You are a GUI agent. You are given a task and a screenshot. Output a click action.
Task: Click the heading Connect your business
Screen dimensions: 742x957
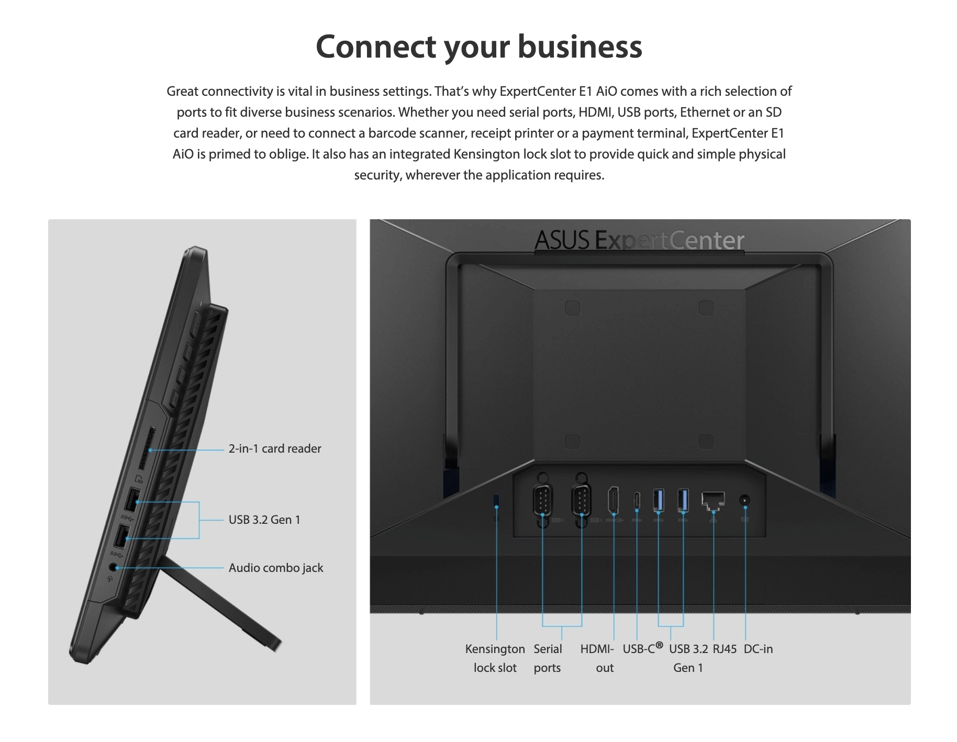(478, 47)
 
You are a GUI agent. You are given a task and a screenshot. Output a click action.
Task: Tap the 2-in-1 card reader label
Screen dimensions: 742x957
(274, 448)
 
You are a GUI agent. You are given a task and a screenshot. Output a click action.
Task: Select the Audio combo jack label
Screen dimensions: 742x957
(275, 568)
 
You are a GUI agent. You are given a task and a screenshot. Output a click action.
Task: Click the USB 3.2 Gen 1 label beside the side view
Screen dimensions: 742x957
(264, 520)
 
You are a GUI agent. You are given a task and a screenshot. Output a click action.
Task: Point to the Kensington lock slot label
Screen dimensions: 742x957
(495, 658)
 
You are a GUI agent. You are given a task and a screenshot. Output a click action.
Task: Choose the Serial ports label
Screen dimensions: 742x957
(547, 658)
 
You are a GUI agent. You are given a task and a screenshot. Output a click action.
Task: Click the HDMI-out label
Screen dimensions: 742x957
(597, 658)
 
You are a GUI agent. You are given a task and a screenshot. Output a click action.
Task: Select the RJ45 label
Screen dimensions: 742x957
(724, 649)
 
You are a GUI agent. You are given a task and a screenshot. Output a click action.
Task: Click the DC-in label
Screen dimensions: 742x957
(758, 649)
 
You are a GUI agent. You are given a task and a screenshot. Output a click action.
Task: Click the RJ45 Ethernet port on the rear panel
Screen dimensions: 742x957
(713, 500)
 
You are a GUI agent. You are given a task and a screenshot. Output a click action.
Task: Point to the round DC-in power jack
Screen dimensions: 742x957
(744, 501)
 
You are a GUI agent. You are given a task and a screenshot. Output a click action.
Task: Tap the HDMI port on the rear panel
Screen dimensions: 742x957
(613, 500)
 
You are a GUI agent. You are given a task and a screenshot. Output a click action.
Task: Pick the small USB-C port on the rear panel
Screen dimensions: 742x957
(637, 500)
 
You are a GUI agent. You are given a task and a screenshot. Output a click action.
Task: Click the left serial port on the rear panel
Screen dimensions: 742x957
(542, 500)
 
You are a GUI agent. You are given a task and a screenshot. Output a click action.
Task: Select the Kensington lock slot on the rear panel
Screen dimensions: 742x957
(496, 500)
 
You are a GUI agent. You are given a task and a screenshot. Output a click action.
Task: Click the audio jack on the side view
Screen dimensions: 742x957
(113, 567)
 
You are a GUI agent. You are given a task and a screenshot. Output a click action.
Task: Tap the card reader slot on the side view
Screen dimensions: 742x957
(147, 448)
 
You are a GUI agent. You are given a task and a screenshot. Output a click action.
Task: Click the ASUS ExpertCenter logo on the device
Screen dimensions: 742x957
(639, 241)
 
